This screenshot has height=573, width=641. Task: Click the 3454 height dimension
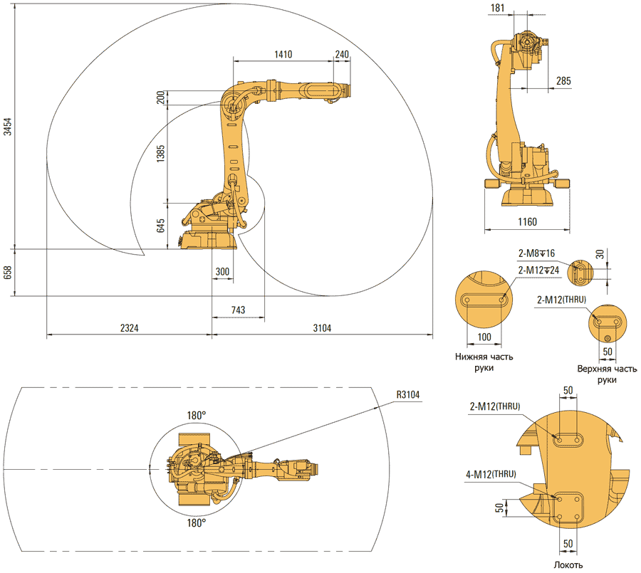[8, 126]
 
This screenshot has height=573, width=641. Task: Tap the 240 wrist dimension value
[342, 54]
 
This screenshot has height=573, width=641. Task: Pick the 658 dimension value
[8, 272]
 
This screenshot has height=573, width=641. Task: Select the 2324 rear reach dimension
[128, 328]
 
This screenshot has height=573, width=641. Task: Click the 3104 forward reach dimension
[321, 328]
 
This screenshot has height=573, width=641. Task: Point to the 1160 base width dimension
[526, 222]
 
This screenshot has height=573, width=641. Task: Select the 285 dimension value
[563, 82]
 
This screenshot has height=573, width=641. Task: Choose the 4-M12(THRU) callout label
[491, 473]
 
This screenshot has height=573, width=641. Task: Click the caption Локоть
[568, 565]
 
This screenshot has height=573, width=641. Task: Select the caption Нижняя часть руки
[484, 362]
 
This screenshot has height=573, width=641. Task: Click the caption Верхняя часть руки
[607, 374]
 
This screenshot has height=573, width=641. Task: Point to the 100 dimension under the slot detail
[484, 337]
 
